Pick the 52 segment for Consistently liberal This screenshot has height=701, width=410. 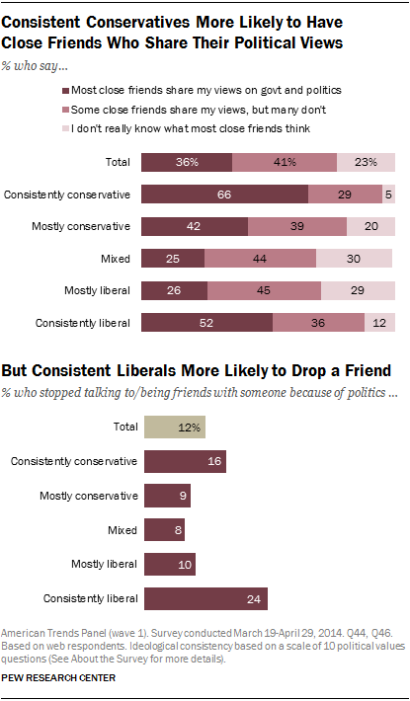click(206, 323)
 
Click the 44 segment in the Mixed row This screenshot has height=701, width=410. click(260, 260)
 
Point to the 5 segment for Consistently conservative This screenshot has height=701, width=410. click(389, 195)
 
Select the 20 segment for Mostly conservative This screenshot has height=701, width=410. click(370, 227)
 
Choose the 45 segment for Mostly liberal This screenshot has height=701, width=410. click(264, 291)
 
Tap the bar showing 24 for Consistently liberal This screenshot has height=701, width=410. click(205, 598)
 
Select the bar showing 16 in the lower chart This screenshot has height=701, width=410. click(185, 462)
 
